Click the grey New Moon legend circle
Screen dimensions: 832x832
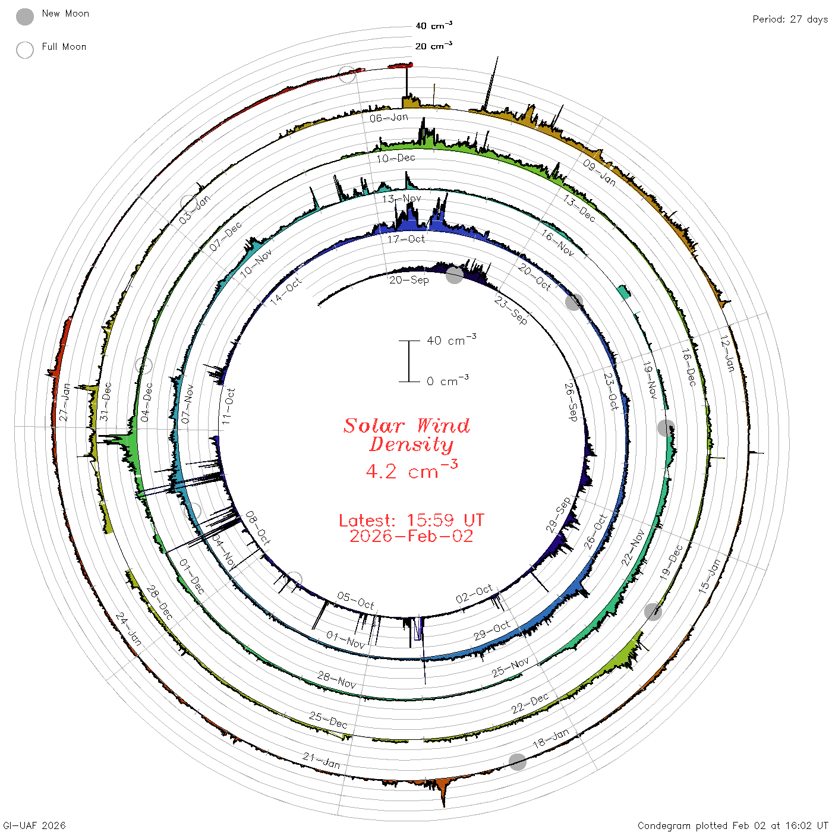(x=24, y=17)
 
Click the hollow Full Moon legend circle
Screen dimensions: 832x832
(x=24, y=50)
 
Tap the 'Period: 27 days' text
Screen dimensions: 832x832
(x=790, y=20)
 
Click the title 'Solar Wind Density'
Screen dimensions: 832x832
(x=406, y=435)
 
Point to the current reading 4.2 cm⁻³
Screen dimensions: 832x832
(x=411, y=469)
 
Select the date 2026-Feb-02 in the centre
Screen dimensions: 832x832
(x=411, y=536)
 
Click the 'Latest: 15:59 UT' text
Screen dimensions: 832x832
(x=411, y=520)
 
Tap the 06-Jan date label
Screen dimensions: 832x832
(x=389, y=118)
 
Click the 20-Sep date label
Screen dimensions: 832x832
(x=409, y=281)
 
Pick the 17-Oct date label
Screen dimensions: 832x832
(x=406, y=239)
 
